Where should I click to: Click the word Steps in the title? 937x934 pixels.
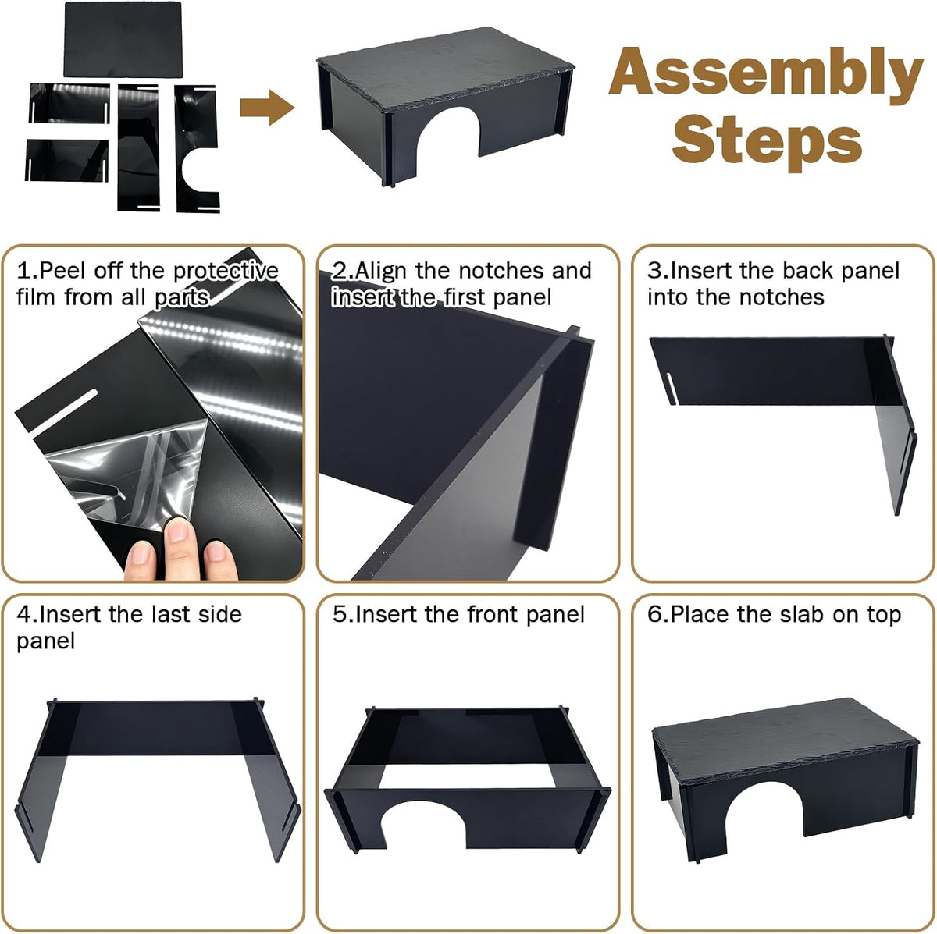click(767, 142)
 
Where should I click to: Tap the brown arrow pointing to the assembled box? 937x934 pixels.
click(267, 108)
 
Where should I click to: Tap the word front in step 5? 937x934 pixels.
click(492, 615)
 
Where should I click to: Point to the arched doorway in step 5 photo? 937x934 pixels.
click(423, 829)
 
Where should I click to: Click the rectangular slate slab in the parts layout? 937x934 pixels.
click(123, 39)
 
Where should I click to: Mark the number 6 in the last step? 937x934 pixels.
click(654, 614)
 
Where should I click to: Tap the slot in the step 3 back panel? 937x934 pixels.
click(671, 389)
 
